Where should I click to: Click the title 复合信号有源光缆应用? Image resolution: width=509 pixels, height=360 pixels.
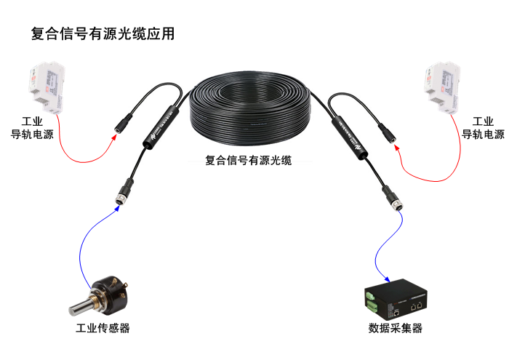click(103, 33)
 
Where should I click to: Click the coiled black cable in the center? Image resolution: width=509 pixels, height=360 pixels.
click(251, 109)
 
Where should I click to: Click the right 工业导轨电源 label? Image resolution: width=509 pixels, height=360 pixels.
click(483, 127)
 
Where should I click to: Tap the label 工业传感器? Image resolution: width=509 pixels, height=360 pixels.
click(103, 328)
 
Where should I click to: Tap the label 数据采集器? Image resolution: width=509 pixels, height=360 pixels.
click(395, 328)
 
